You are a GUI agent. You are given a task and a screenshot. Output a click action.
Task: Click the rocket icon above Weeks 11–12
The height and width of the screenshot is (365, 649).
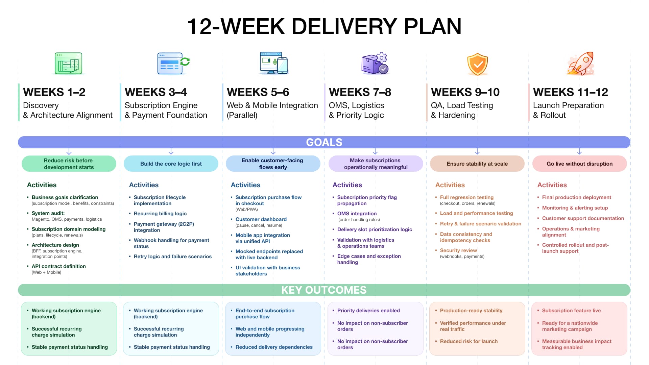581,63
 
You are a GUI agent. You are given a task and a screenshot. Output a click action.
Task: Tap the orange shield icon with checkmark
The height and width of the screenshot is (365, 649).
477,64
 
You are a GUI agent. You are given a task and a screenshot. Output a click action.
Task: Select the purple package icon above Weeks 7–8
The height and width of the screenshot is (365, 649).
375,63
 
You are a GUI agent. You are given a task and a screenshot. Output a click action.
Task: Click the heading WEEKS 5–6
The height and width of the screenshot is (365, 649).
258,92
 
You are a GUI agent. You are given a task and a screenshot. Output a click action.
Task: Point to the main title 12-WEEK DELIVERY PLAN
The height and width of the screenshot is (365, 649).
324,26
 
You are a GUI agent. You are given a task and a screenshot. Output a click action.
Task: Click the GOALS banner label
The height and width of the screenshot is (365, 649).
324,142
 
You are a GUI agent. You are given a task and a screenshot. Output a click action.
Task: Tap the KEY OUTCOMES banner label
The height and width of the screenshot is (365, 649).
324,290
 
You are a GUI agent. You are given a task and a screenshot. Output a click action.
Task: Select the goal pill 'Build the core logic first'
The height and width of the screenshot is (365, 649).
171,164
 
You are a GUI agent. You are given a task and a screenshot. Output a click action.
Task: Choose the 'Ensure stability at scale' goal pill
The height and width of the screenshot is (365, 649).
477,164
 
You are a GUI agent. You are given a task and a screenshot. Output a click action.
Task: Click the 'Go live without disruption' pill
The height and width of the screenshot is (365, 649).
580,164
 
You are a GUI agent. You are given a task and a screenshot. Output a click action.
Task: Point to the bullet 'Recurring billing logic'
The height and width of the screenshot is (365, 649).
160,214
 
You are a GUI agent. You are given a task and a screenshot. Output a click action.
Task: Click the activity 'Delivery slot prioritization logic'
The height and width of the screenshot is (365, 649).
375,229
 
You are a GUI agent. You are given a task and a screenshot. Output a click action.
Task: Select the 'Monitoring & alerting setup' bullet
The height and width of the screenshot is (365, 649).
575,208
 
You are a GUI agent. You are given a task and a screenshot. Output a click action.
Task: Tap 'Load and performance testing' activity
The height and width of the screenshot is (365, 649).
477,213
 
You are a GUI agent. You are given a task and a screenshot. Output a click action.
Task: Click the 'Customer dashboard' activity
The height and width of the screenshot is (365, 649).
261,219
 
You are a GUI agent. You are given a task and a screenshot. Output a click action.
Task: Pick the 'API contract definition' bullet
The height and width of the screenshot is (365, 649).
59,266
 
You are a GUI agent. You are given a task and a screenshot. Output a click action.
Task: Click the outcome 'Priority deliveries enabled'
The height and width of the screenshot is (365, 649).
368,311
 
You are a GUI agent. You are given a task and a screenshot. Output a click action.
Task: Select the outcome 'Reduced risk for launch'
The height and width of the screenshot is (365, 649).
469,341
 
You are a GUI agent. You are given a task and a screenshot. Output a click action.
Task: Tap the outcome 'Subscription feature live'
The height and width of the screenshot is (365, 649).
571,311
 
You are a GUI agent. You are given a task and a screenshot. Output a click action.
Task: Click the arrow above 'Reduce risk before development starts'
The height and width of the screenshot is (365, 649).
69,151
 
